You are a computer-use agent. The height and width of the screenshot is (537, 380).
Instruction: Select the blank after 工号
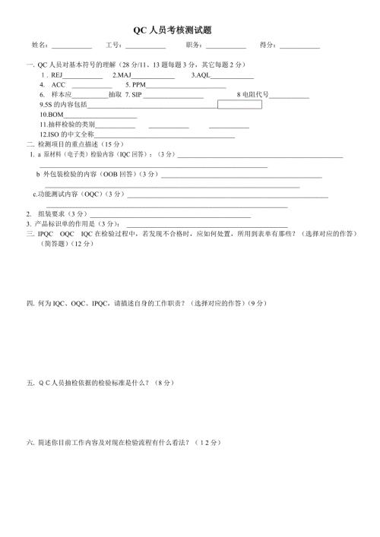145,48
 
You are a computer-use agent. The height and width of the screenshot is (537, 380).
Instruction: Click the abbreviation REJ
55,76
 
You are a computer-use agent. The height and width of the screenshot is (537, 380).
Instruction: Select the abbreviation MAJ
125,76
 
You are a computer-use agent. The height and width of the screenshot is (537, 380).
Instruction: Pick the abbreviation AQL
201,76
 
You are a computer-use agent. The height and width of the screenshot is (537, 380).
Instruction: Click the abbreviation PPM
138,85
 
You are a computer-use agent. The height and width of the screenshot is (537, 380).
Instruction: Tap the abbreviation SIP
136,95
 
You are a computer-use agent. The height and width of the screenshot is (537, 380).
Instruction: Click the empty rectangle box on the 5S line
239,104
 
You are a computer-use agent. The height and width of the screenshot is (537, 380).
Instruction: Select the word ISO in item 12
52,133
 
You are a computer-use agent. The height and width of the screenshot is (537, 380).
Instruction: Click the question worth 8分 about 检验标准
101,383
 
